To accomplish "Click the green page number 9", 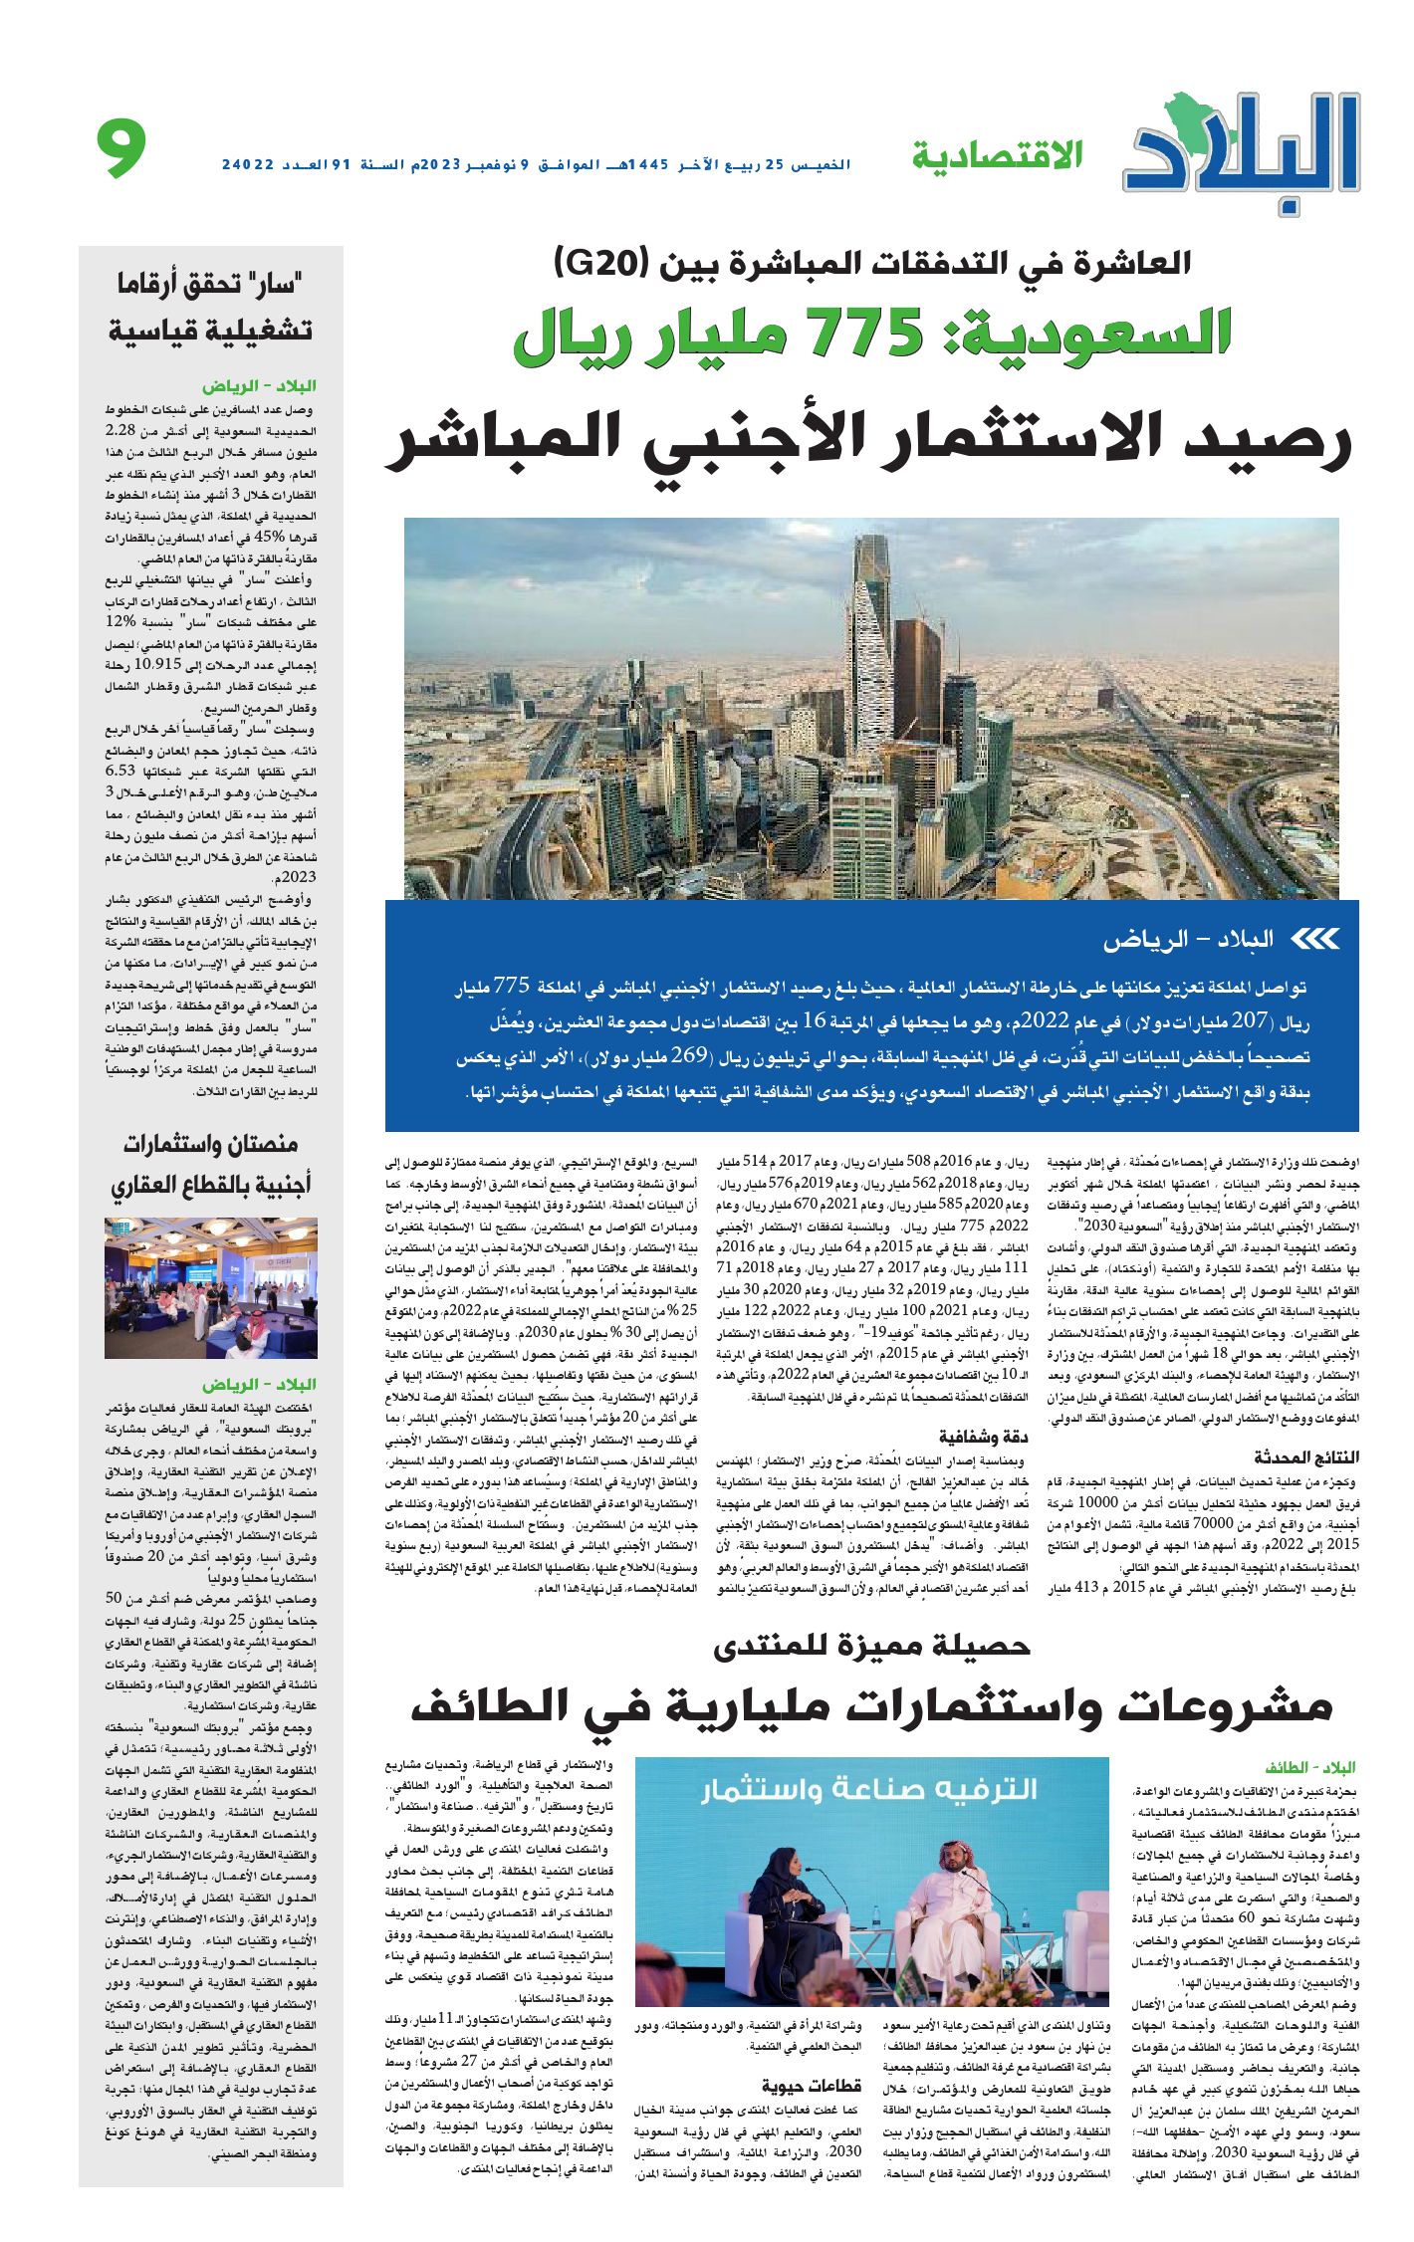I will pos(121,148).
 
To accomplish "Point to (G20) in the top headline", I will pos(601,264).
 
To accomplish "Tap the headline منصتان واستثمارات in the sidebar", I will pos(211,1144).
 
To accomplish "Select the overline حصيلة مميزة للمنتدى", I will pos(871,1646).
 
